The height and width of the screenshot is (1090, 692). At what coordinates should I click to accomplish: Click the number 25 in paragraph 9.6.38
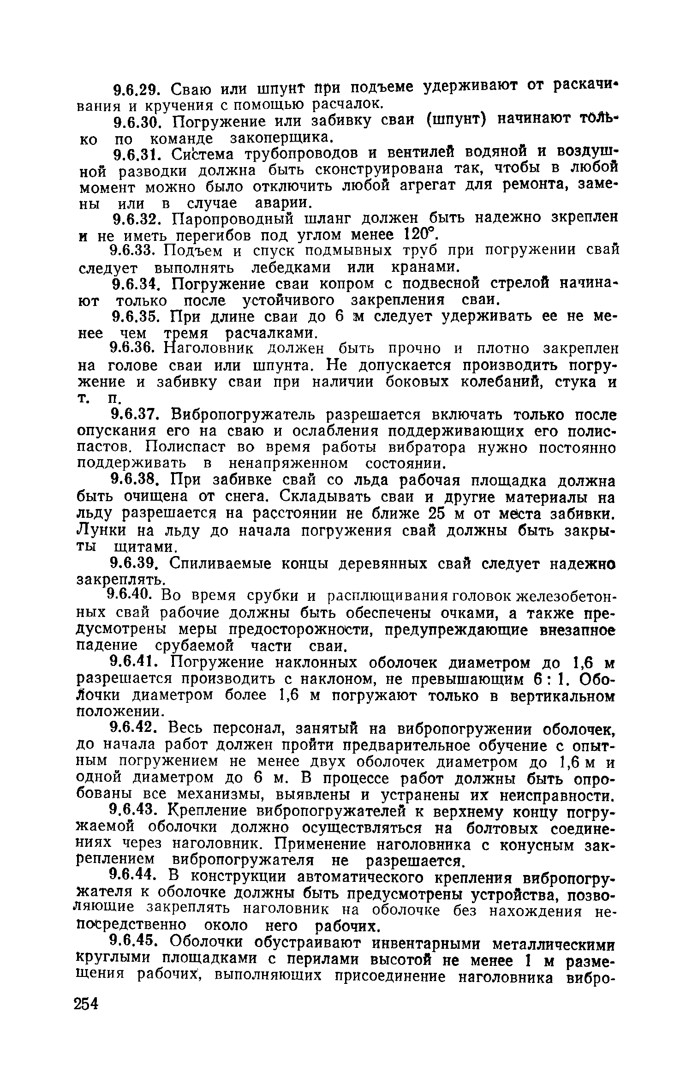point(437,513)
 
